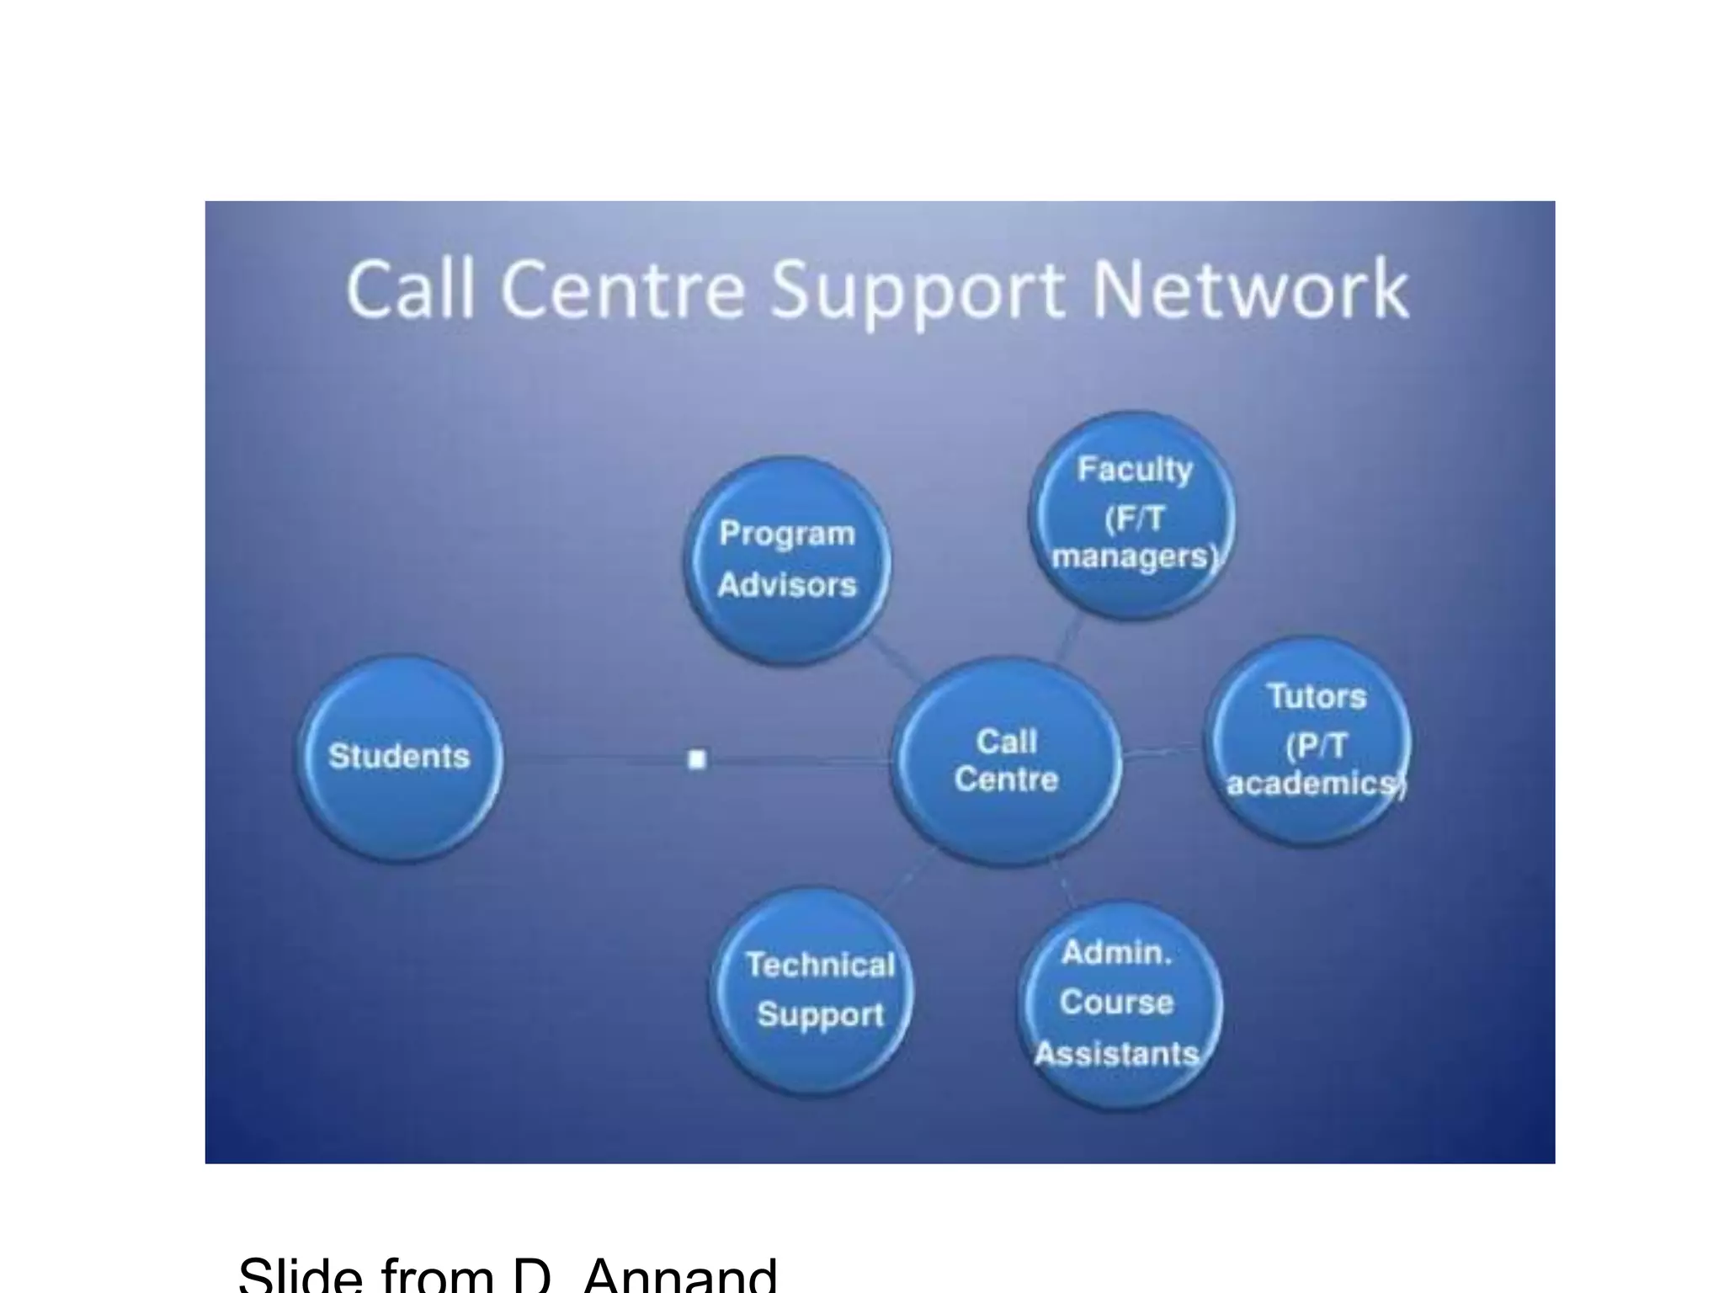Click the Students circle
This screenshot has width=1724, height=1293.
point(399,757)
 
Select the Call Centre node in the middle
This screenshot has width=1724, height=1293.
point(1007,761)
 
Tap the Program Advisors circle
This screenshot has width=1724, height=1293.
point(787,560)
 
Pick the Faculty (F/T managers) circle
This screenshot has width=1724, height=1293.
point(1133,513)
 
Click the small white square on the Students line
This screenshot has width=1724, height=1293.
point(697,759)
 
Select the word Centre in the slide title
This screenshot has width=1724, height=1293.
point(623,290)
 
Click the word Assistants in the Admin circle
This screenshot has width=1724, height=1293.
point(1116,1054)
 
